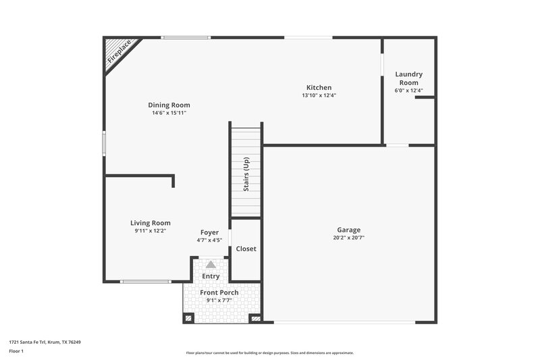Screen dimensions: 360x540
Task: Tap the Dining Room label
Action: pos(169,105)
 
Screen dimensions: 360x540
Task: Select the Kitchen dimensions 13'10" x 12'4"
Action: pos(319,95)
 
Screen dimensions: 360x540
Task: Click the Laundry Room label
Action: pos(408,78)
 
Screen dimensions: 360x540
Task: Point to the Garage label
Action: pos(349,230)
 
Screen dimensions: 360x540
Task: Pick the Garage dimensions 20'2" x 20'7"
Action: pos(349,238)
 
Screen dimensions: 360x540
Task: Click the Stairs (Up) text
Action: pos(246,174)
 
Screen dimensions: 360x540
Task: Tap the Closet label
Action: pos(246,249)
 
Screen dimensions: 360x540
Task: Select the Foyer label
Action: pos(209,232)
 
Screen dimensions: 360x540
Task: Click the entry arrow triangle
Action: pos(211,265)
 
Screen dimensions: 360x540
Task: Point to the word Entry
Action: pos(211,276)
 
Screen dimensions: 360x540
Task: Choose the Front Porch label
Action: pos(219,292)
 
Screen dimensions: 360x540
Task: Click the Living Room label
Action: pos(150,223)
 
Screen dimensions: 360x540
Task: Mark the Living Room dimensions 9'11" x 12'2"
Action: pos(150,231)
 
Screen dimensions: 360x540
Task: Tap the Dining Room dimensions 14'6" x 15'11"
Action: pos(169,113)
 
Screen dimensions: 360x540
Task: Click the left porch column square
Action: pos(188,317)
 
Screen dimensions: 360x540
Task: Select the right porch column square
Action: pos(255,317)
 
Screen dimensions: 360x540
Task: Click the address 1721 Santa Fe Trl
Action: pos(45,342)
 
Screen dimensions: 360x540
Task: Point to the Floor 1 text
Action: pos(16,352)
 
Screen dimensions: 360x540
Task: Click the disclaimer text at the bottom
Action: pos(269,353)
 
